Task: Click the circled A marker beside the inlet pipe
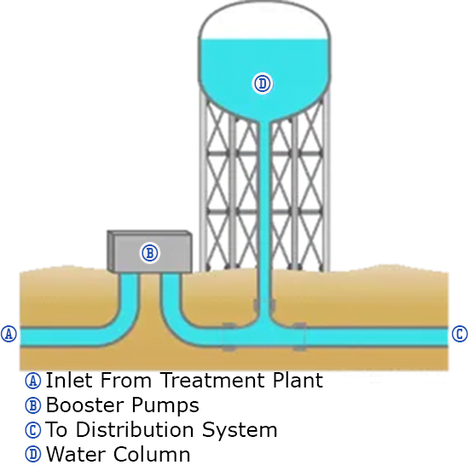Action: tap(9, 334)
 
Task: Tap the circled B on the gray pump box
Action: tap(150, 253)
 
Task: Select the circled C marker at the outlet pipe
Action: tap(460, 334)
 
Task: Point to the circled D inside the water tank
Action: tap(263, 83)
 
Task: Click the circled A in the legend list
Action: tap(33, 381)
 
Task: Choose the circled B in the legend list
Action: tap(33, 405)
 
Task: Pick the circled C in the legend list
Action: tap(33, 430)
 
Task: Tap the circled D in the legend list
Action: tap(33, 454)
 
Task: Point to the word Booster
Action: tap(85, 405)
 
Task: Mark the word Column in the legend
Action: tap(152, 454)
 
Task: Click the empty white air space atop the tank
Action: tap(264, 22)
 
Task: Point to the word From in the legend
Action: tap(126, 380)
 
